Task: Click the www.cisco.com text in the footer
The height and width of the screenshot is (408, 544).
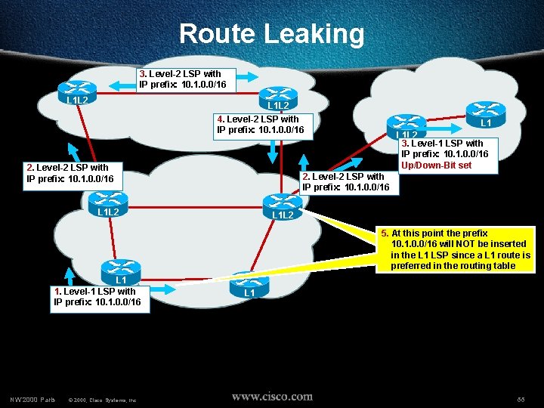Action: (x=272, y=396)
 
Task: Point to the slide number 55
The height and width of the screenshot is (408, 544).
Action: (x=521, y=398)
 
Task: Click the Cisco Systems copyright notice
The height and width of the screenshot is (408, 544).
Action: (x=102, y=398)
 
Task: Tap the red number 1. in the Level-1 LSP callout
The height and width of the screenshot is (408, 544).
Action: (x=57, y=291)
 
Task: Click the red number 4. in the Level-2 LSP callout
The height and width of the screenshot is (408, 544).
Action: (x=220, y=119)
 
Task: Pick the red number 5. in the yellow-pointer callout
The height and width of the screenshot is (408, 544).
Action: (x=385, y=233)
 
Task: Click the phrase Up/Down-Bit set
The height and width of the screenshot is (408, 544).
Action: (x=436, y=165)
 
